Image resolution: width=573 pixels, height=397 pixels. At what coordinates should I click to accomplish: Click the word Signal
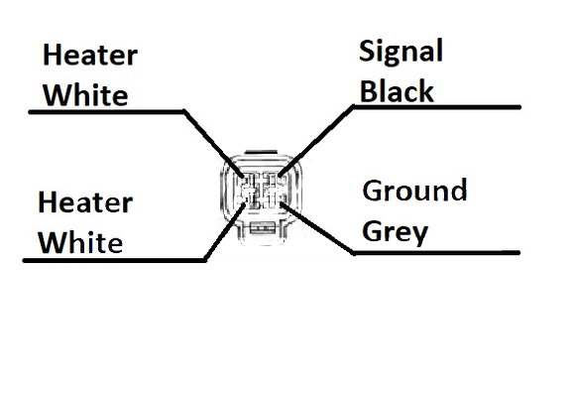pyautogui.click(x=401, y=52)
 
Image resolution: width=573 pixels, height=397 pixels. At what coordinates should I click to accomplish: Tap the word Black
pyautogui.click(x=397, y=90)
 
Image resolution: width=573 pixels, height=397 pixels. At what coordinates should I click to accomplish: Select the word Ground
pyautogui.click(x=414, y=191)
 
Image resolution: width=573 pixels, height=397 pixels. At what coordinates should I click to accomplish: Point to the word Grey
pyautogui.click(x=395, y=232)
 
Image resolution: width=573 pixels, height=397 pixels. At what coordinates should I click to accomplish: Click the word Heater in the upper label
pyautogui.click(x=90, y=55)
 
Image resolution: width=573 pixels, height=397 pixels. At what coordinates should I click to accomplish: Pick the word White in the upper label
pyautogui.click(x=85, y=94)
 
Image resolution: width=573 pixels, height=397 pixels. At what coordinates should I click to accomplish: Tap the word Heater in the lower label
pyautogui.click(x=85, y=202)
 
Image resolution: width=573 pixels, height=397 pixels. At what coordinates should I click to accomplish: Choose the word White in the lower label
pyautogui.click(x=80, y=242)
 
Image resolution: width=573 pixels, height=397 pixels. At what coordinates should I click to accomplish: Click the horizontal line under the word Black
pyautogui.click(x=437, y=107)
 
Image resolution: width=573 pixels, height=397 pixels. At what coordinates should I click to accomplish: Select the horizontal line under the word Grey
pyautogui.click(x=436, y=252)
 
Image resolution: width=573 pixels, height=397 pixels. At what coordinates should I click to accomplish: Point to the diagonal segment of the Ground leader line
pyautogui.click(x=317, y=227)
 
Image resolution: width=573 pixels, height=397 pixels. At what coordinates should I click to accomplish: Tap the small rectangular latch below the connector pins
pyautogui.click(x=263, y=229)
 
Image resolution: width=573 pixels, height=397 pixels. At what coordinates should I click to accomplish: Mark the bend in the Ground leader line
pyautogui.click(x=353, y=252)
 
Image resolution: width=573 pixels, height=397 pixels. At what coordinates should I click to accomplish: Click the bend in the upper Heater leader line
pyautogui.click(x=183, y=111)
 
